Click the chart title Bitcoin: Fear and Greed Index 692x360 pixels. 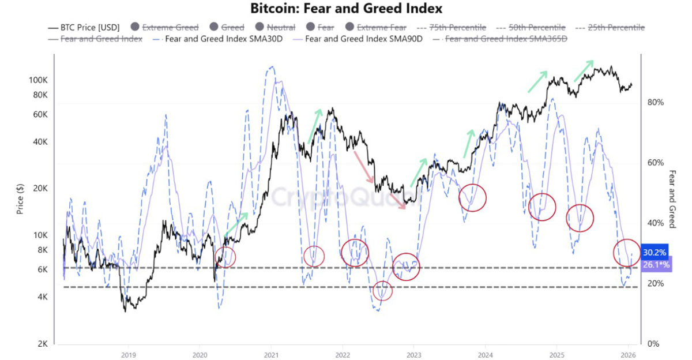[x=346, y=8]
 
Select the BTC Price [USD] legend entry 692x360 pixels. [x=84, y=28]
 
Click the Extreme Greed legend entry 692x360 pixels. [x=165, y=28]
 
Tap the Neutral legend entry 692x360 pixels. [x=275, y=28]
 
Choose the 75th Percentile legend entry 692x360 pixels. [x=452, y=28]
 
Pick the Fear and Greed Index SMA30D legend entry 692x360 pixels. [x=218, y=39]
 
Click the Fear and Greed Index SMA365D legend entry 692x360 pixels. [x=500, y=39]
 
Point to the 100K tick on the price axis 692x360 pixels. [x=38, y=80]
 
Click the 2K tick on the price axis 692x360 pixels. [x=43, y=344]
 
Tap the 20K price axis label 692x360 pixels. [x=40, y=188]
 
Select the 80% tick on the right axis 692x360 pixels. [x=655, y=102]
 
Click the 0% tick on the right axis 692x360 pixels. [x=653, y=344]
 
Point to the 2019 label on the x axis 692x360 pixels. [x=129, y=355]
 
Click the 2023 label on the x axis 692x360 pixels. [x=413, y=355]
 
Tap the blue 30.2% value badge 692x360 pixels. [x=655, y=253]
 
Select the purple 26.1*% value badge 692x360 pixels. [x=656, y=265]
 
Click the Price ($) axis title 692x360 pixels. [x=20, y=198]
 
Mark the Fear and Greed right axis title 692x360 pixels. [x=672, y=199]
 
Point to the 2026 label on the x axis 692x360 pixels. [x=628, y=355]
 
